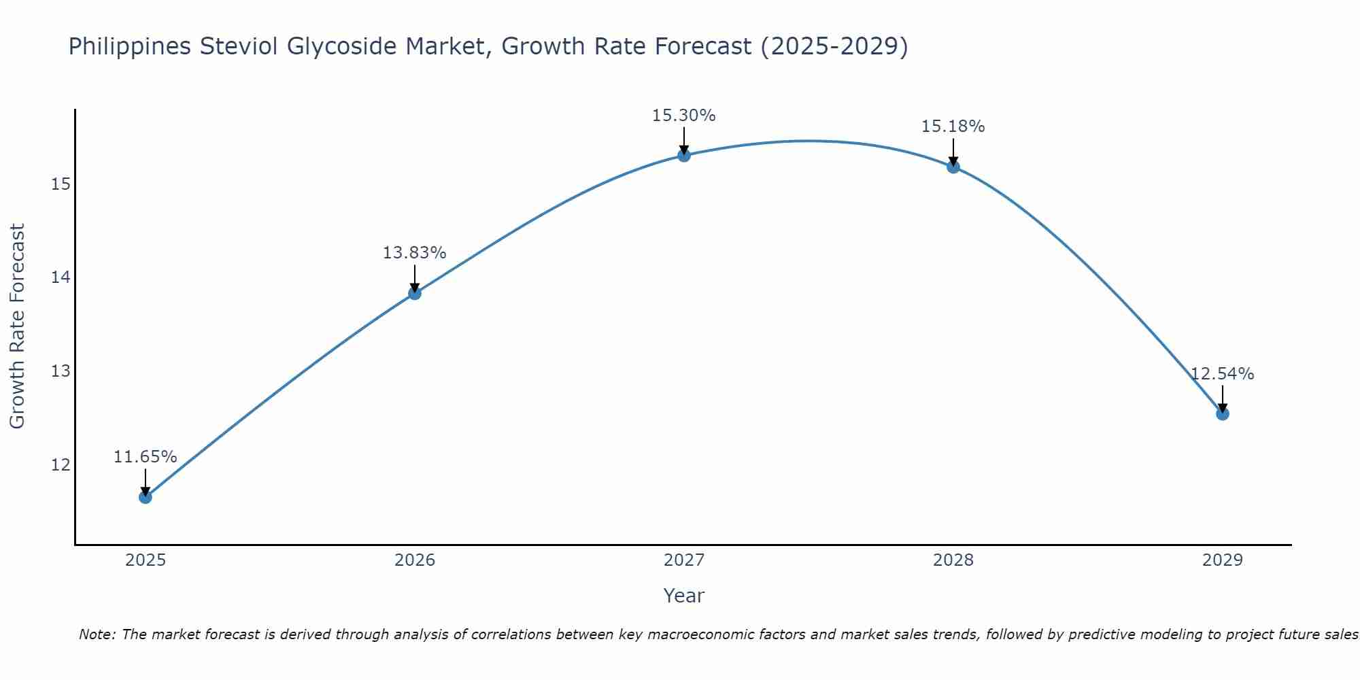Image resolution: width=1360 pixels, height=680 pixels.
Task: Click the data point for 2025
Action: click(x=146, y=497)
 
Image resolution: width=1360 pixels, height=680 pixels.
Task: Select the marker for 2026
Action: click(x=415, y=293)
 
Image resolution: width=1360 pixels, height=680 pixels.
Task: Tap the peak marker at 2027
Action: click(x=684, y=156)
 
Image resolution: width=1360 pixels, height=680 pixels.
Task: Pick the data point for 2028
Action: click(x=953, y=167)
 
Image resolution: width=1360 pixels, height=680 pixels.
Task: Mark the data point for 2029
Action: click(x=1222, y=413)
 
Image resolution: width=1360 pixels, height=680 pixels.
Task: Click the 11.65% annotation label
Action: click(x=145, y=457)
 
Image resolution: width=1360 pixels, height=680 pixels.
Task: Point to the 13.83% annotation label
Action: click(x=414, y=253)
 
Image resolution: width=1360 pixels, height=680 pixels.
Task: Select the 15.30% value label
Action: click(x=683, y=116)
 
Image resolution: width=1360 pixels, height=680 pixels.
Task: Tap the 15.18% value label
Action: click(x=953, y=126)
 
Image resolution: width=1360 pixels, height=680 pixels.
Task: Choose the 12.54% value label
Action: click(x=1222, y=374)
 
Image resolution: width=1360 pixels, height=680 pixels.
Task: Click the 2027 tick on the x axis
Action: click(x=684, y=560)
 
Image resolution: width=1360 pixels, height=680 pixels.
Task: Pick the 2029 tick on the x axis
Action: click(x=1222, y=560)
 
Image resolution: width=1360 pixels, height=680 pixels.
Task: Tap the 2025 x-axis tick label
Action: click(x=146, y=560)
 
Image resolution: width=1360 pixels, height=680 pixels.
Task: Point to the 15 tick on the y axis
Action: click(x=61, y=184)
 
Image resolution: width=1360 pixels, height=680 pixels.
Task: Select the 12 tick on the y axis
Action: click(x=61, y=465)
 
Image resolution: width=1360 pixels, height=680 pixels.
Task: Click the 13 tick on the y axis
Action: click(x=61, y=371)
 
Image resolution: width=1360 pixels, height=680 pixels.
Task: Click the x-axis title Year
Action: click(x=683, y=596)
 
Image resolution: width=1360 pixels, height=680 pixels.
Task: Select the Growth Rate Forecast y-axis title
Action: click(x=18, y=326)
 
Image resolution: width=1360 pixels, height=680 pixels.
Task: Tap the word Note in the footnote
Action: click(x=97, y=634)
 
